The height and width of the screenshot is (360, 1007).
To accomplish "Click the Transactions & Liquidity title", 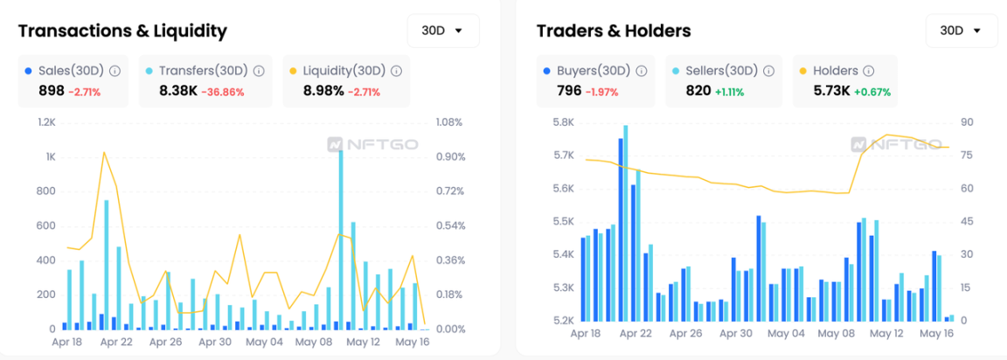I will (x=122, y=31).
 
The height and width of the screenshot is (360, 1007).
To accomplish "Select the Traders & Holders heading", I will (x=614, y=31).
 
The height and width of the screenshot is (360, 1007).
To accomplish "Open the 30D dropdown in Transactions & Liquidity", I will (x=443, y=31).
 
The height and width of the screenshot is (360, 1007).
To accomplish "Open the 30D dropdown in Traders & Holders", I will (x=961, y=31).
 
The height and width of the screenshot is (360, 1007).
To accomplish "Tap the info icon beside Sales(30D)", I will (x=115, y=71).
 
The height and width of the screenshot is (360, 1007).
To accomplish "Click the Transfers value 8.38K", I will (x=177, y=90).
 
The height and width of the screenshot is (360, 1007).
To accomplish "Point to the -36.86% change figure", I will (x=224, y=91).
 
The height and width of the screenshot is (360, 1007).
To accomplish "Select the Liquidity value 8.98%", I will (x=323, y=90).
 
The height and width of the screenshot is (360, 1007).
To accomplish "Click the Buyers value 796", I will (x=569, y=90).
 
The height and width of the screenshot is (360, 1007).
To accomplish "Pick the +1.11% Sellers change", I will (x=727, y=91).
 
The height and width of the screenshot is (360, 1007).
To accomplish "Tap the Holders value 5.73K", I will (x=830, y=90).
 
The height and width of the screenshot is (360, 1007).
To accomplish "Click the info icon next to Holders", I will (x=867, y=71).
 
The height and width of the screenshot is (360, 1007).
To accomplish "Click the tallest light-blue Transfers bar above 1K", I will (x=340, y=236).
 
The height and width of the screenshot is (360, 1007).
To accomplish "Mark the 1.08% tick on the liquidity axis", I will (x=450, y=122).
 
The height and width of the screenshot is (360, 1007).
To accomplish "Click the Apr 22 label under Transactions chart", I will (x=116, y=342).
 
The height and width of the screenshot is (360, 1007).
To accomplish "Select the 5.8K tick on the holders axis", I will (x=563, y=122).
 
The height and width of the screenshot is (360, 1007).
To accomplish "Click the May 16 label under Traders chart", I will (x=935, y=333).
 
